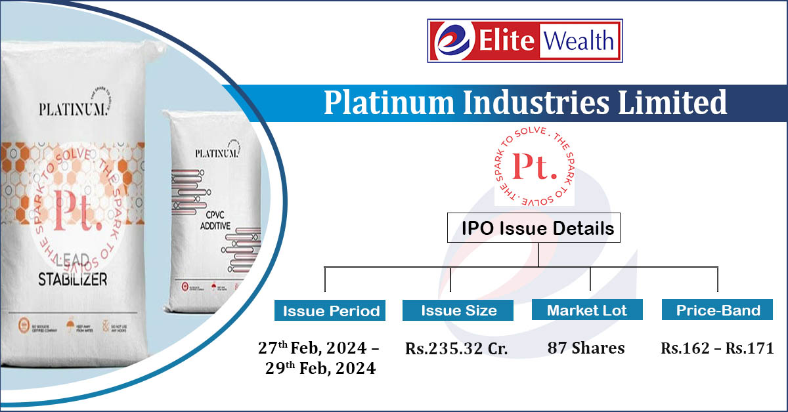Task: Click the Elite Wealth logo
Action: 525,41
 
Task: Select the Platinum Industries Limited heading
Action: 525,103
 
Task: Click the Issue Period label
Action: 331,311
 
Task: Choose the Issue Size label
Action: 458,311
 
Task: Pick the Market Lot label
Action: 587,311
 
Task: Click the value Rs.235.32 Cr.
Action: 456,349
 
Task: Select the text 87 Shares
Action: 586,348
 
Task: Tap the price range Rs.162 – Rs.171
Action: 717,349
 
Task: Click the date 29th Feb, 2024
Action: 320,369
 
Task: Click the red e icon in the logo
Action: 448,41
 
